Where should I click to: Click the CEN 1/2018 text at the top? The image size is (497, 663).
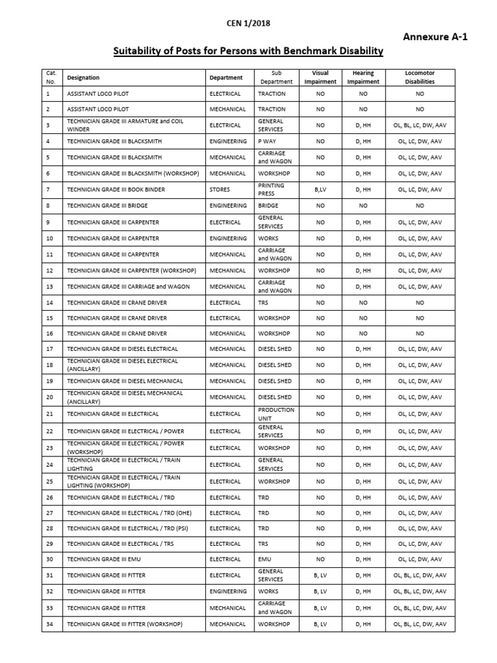coord(248,23)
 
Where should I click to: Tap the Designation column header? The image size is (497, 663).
coord(83,78)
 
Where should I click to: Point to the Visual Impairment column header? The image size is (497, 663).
coord(320,78)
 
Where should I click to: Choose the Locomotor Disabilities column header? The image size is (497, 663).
coord(420,78)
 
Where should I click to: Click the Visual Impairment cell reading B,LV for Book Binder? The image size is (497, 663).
coord(320,190)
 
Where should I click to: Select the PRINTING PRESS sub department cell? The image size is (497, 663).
coord(271,190)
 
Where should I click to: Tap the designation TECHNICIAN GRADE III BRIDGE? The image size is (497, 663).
coord(107,205)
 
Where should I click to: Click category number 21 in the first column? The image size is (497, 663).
coord(49,414)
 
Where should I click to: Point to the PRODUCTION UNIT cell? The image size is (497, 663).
coord(276,414)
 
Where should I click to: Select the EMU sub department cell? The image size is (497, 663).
coord(265,559)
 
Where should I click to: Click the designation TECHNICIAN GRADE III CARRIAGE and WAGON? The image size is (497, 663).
coord(129,286)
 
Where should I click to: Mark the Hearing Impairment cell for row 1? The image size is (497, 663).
coord(363,93)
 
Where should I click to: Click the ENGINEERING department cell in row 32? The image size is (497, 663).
coord(228,591)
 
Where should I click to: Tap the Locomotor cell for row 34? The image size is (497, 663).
coord(420,624)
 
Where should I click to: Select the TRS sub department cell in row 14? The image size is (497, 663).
coord(265,302)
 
